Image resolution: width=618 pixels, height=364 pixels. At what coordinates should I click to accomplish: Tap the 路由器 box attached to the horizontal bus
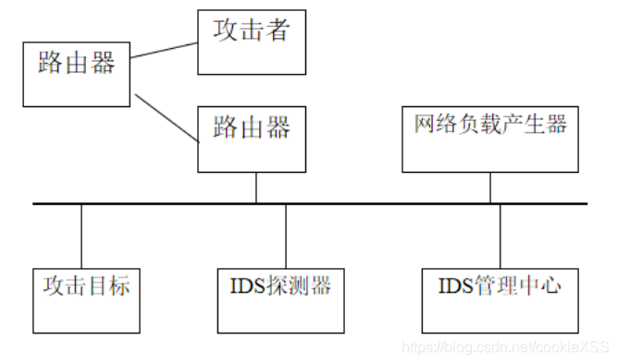coord(252,138)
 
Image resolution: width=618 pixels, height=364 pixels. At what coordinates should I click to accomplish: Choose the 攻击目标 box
coord(86,299)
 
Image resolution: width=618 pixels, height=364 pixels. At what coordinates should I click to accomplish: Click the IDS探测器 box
coord(279,299)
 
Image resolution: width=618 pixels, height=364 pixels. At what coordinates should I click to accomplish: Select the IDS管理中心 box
coord(500,299)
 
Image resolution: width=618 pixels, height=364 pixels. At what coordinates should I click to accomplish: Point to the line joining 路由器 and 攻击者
coord(164,50)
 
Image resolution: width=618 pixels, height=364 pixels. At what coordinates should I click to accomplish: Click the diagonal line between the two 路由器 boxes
coord(166,117)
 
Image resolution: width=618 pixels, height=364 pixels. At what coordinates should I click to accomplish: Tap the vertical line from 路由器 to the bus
coord(256,187)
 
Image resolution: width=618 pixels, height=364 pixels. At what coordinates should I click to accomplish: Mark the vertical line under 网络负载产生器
coord(489,187)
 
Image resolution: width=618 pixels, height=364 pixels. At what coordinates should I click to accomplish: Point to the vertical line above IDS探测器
coord(286,235)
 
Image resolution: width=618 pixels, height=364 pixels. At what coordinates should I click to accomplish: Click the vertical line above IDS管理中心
coord(501,235)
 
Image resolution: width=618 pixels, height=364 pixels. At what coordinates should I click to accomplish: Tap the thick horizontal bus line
coord(370,203)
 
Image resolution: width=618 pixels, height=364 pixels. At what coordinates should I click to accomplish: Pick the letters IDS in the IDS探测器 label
coord(246,285)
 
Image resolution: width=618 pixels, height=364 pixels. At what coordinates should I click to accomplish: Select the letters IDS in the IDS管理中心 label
coord(454,285)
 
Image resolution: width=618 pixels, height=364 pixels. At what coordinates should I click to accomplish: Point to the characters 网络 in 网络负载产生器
coord(431,125)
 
